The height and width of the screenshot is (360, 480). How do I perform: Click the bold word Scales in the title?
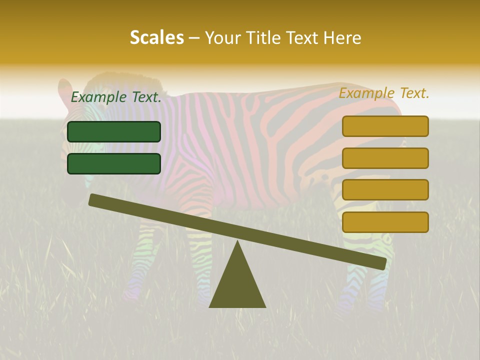click(x=156, y=38)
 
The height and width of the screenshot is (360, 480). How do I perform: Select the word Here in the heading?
click(x=342, y=38)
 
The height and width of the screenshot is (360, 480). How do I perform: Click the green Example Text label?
click(x=116, y=97)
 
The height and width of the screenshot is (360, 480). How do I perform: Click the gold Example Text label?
click(x=384, y=93)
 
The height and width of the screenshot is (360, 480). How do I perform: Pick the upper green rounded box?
click(x=114, y=131)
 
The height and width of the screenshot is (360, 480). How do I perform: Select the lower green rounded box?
click(x=114, y=163)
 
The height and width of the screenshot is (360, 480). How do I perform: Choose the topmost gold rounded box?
click(x=385, y=126)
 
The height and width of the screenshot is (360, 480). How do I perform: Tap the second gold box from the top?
click(x=385, y=158)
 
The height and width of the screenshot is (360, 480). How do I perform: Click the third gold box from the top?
click(x=385, y=190)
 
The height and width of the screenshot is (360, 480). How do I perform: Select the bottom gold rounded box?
click(x=385, y=222)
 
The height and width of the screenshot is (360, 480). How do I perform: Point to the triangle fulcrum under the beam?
click(x=237, y=285)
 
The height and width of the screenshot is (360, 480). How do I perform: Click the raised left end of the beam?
click(x=95, y=200)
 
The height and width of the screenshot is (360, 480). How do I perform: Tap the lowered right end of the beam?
click(x=380, y=263)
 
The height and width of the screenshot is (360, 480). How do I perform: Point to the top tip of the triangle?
click(x=237, y=242)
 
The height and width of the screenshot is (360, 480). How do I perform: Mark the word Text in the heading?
click(x=301, y=38)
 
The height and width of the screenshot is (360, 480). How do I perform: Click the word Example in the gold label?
click(x=366, y=93)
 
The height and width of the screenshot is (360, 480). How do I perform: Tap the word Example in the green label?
click(x=98, y=97)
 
